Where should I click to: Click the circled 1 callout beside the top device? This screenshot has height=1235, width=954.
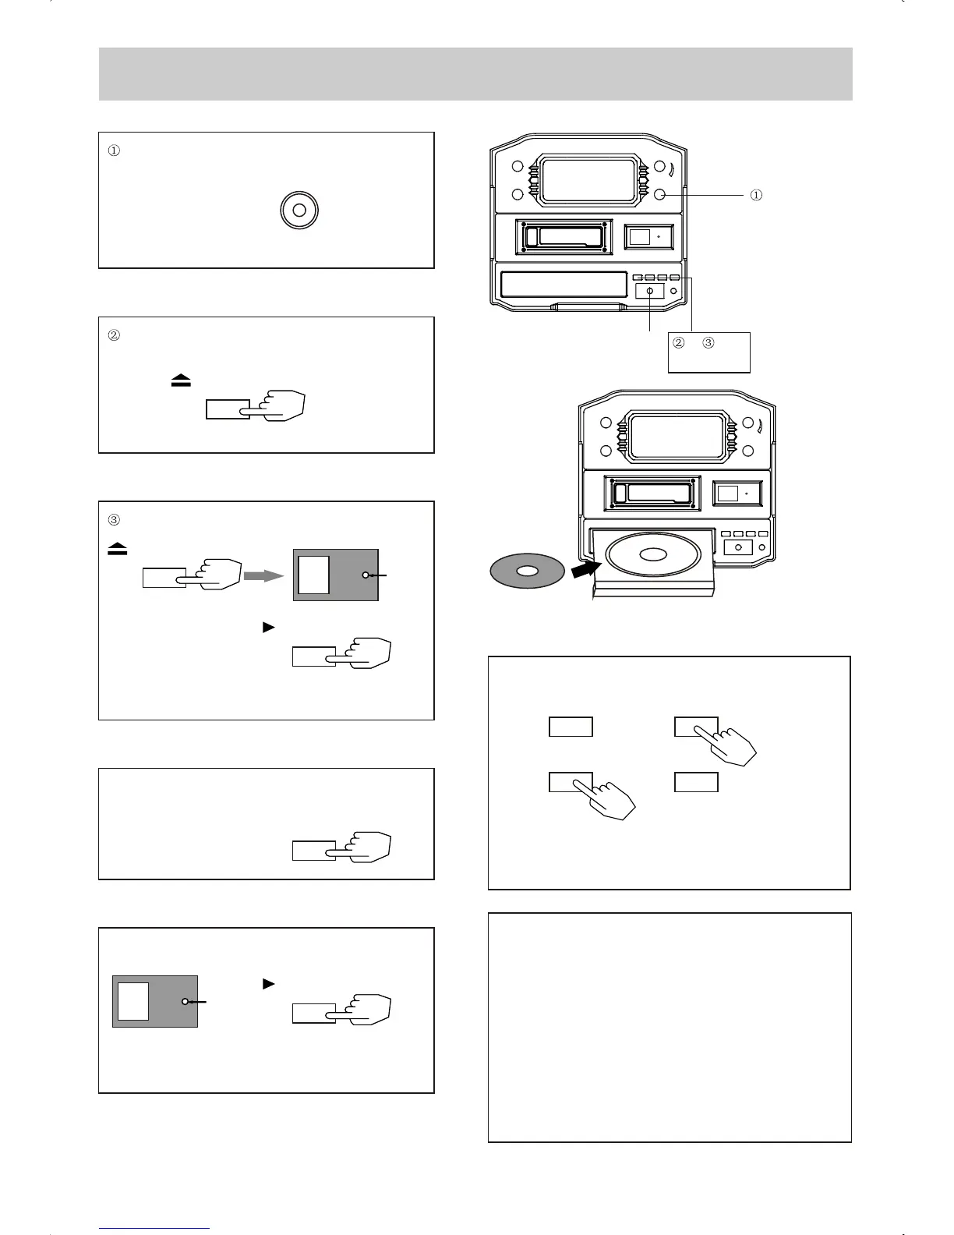[756, 195]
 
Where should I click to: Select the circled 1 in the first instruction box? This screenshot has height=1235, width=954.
[114, 151]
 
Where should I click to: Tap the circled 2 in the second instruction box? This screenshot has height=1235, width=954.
[114, 336]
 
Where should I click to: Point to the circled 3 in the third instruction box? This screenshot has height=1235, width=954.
[114, 520]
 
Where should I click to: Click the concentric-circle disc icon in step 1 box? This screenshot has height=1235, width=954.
[299, 211]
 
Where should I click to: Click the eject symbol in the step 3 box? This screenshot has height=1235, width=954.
[118, 550]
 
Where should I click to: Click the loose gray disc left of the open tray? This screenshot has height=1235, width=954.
[527, 571]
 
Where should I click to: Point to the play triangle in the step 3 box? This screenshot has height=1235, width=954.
[269, 627]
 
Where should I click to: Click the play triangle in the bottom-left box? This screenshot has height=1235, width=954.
[269, 984]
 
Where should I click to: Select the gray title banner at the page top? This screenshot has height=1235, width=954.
[475, 74]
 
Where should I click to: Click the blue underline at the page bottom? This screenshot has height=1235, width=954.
[154, 1228]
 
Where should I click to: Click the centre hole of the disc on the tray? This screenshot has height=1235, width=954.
[652, 554]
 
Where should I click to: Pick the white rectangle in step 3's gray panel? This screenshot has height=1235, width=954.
[314, 575]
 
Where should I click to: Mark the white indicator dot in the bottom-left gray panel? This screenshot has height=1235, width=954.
[185, 1001]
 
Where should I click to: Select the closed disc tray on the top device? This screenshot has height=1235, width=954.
[564, 285]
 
